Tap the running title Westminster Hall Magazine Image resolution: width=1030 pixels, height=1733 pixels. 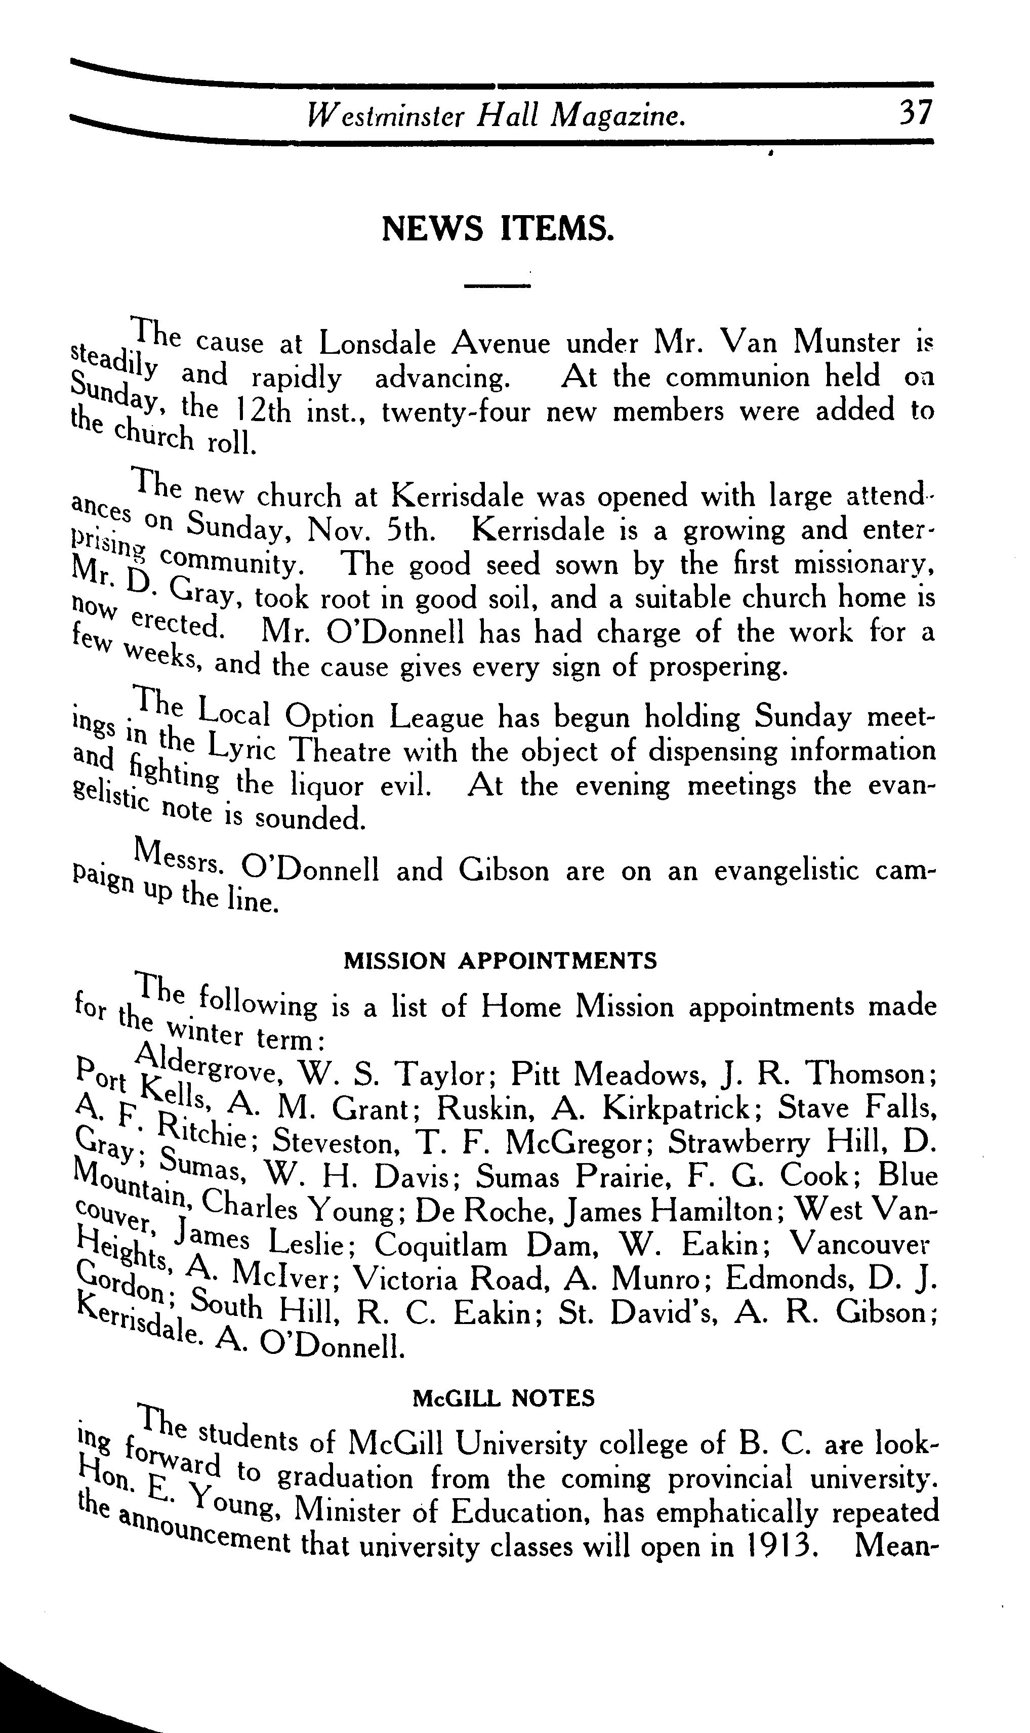tap(497, 115)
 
